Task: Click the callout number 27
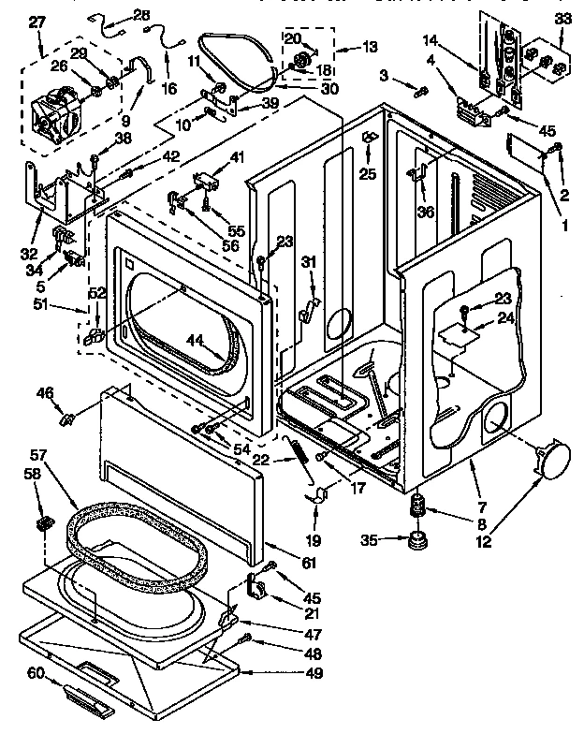36,23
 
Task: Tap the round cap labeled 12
550,462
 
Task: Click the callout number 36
426,213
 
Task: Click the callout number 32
29,254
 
